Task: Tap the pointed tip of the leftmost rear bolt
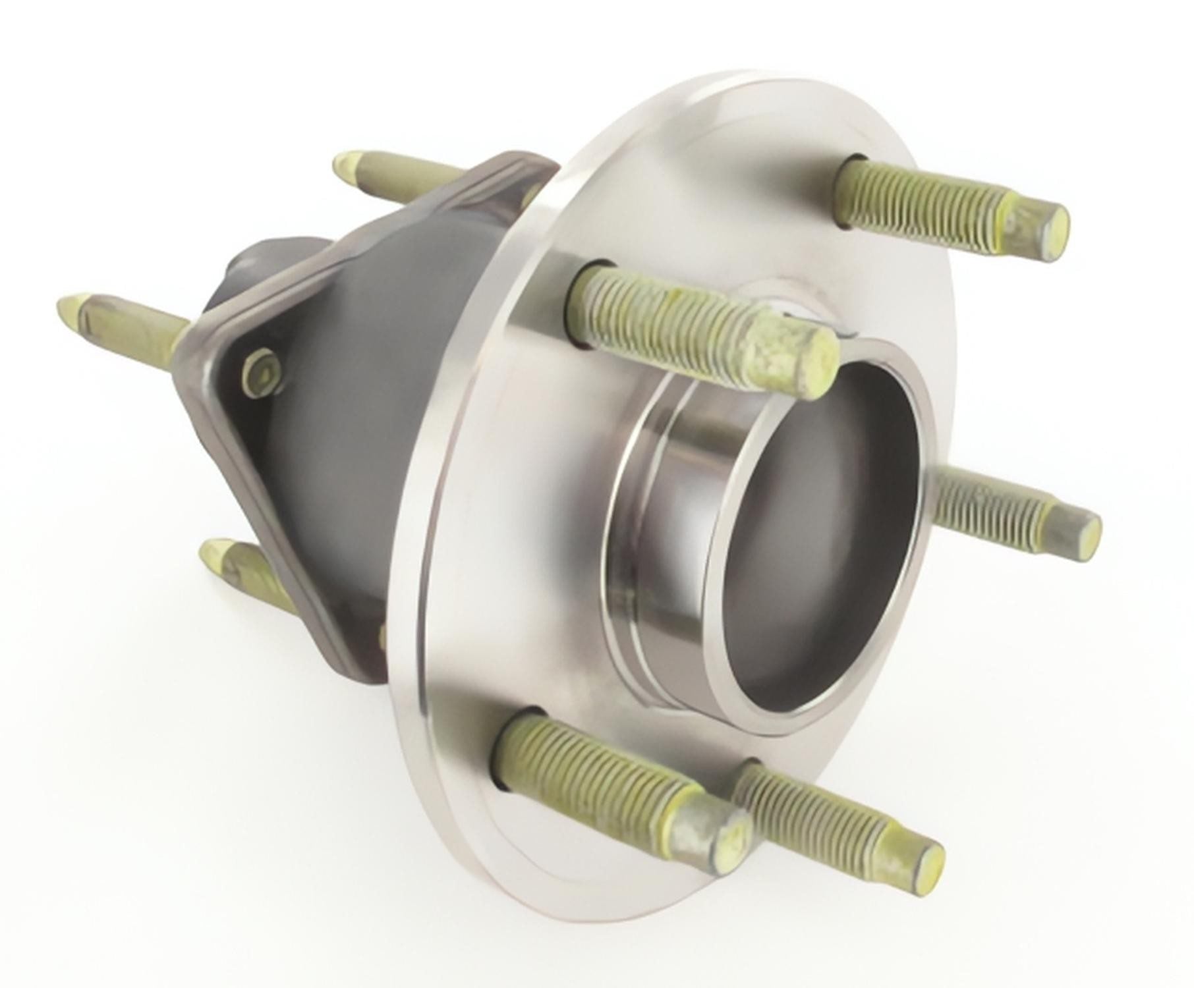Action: tap(66, 304)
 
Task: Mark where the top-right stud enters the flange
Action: tap(850, 165)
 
